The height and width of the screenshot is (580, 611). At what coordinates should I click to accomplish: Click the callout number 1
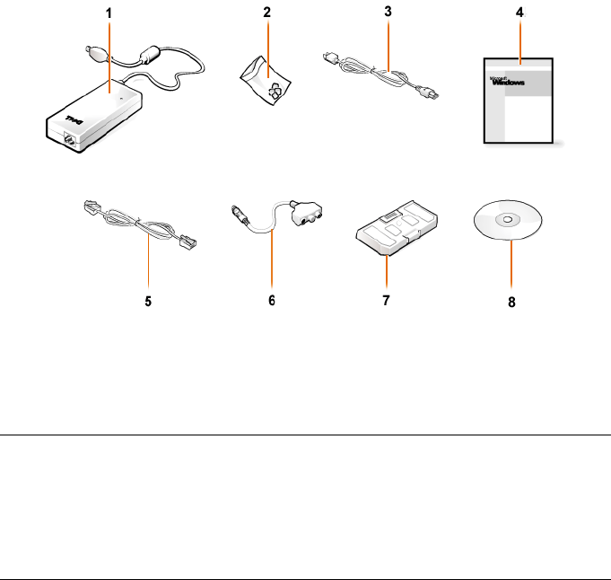click(x=109, y=15)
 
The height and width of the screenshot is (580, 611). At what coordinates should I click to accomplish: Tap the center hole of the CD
click(x=507, y=220)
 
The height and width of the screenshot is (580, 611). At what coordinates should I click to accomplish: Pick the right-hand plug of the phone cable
click(x=191, y=242)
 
